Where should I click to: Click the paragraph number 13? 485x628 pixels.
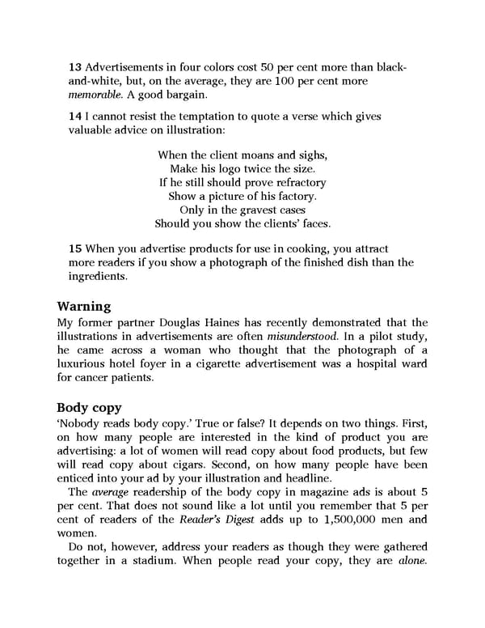tap(75, 66)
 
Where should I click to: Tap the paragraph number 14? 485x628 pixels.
tap(75, 117)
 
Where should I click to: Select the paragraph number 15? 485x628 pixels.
tap(75, 247)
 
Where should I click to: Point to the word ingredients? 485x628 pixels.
tap(99, 276)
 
